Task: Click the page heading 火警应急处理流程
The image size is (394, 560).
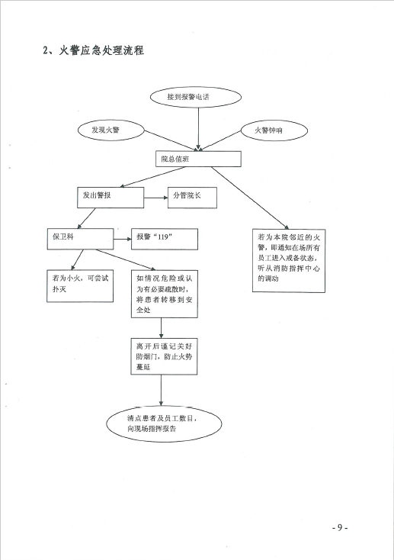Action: tap(101, 50)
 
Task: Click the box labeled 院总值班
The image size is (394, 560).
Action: tap(198, 159)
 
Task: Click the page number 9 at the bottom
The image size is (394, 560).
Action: tap(340, 528)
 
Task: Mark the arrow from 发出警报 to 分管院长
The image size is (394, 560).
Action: tap(156, 198)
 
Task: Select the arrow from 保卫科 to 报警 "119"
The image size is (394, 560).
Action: tap(123, 239)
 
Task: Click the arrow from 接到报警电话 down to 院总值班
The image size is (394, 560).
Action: tap(198, 129)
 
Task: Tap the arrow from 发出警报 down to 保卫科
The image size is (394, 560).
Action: tap(86, 218)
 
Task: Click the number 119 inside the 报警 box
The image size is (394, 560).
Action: tap(162, 237)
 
